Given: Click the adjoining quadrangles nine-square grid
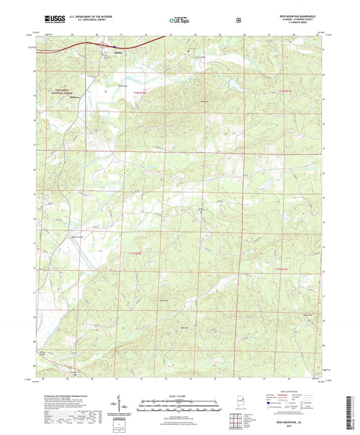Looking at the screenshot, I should pyautogui.click(x=236, y=419).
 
